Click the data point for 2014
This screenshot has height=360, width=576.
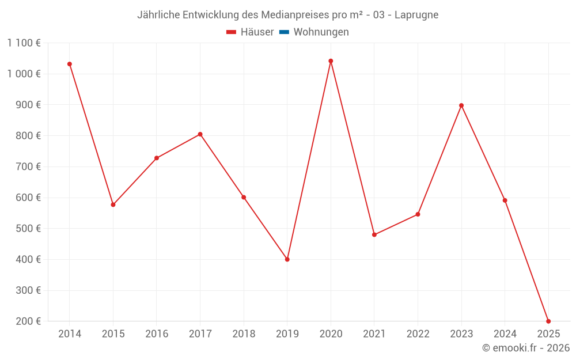pos(70,64)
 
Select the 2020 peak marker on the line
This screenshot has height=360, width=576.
pos(331,61)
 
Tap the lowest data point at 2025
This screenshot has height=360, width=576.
pos(548,321)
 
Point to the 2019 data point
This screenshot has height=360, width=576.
pos(287,259)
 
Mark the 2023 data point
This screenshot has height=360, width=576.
pos(461,105)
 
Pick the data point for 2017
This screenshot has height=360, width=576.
pos(200,134)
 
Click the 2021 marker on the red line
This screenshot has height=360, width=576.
pos(374,234)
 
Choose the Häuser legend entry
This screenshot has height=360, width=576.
pos(250,32)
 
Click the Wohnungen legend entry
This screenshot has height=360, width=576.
pos(321,32)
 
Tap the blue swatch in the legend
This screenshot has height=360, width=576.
pos(284,32)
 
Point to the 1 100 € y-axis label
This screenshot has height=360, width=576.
pos(24,43)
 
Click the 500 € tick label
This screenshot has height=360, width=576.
pos(27,228)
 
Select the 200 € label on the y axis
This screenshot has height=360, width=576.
pos(27,321)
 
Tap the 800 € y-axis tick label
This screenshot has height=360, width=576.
pos(27,135)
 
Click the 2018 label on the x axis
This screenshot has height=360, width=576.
pos(244,334)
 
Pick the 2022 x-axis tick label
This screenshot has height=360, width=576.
pos(418,334)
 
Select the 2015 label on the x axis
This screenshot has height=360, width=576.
pos(113,334)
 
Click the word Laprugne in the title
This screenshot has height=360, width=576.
pos(416,15)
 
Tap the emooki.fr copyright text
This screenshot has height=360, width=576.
pos(525,348)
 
